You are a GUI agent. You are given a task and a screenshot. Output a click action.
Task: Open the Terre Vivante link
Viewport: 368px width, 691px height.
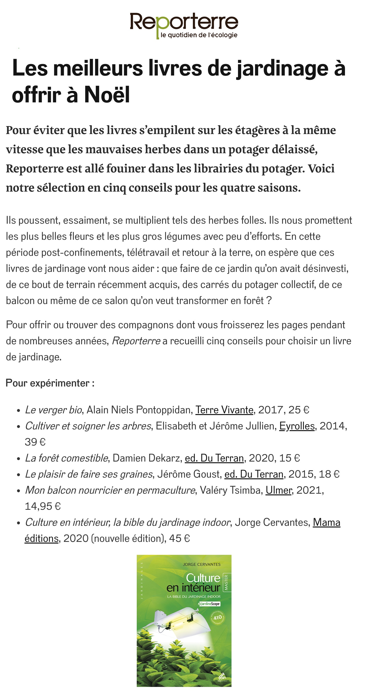coord(224,410)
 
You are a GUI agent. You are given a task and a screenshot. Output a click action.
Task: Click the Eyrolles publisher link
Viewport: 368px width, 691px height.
coord(297,426)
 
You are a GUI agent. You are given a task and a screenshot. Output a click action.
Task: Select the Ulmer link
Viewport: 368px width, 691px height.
coord(278,490)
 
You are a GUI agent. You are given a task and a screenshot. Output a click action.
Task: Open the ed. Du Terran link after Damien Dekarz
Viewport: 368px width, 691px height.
coord(214,458)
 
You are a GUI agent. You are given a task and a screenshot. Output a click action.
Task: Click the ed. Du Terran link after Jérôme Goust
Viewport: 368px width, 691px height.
coord(254,474)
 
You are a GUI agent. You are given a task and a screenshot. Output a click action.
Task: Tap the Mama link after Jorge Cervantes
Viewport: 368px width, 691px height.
coord(326,522)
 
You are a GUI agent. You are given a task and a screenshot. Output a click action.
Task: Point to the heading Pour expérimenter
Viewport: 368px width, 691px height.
coord(50,383)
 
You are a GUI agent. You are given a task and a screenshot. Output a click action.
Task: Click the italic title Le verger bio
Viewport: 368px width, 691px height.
coord(53,410)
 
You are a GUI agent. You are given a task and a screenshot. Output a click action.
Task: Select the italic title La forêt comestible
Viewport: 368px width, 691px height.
coord(66,458)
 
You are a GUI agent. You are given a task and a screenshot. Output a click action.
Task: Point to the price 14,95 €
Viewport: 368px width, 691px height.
coord(43,506)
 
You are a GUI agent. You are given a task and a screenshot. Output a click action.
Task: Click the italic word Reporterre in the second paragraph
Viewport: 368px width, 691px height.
coord(136,341)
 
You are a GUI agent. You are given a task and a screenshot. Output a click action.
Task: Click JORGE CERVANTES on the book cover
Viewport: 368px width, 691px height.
coord(202,564)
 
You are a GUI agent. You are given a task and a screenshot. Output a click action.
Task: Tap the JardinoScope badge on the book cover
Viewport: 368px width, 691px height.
coord(209,604)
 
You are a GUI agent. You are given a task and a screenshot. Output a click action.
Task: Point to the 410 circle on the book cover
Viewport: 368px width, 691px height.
coord(217,617)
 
